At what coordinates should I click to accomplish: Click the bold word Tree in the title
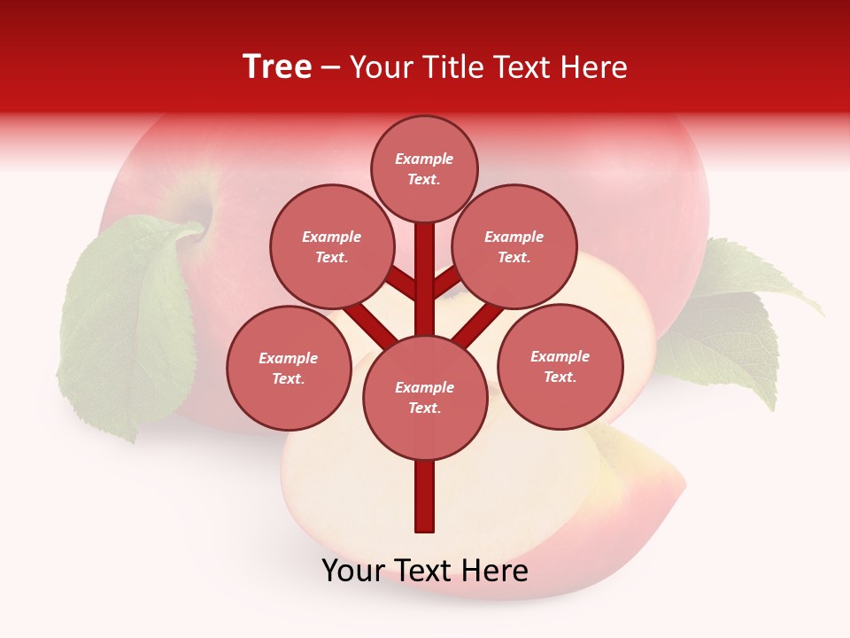click(277, 66)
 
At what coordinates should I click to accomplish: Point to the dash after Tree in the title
click(331, 68)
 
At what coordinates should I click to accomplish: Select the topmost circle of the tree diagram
click(424, 168)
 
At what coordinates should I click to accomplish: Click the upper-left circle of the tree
click(331, 246)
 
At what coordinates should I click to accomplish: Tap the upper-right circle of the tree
click(514, 246)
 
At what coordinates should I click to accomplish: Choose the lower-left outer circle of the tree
click(288, 368)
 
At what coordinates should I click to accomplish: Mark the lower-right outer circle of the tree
click(560, 366)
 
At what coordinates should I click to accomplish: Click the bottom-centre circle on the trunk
click(425, 398)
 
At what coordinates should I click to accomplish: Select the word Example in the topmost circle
click(424, 159)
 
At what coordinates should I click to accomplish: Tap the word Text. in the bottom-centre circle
click(424, 408)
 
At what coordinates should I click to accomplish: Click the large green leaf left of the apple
click(124, 328)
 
